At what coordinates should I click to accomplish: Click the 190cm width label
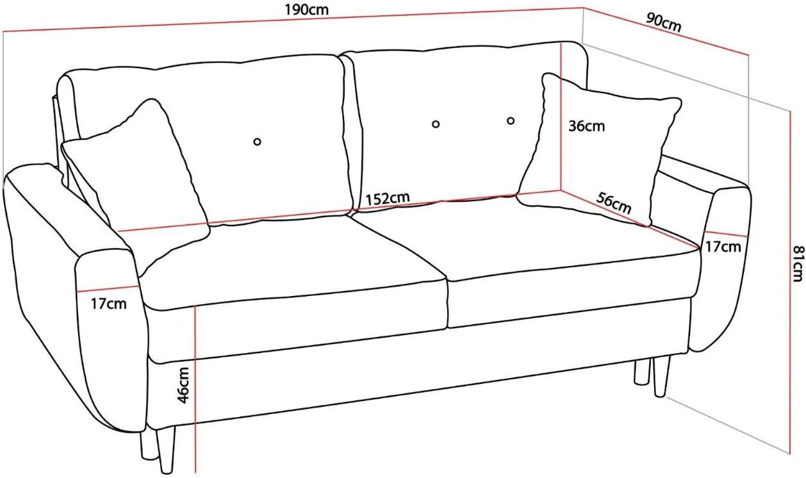(307, 10)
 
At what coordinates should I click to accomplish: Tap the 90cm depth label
(664, 22)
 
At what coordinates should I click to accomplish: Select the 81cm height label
(798, 263)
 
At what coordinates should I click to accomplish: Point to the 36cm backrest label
(586, 126)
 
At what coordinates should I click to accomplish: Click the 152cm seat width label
(388, 198)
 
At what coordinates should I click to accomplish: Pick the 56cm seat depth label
(614, 203)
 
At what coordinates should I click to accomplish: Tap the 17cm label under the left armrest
(108, 304)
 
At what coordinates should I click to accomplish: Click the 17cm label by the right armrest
(723, 247)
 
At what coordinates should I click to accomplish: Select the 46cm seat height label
(183, 385)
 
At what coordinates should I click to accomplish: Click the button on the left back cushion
(257, 142)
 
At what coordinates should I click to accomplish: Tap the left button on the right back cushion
(436, 124)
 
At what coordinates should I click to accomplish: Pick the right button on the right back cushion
(511, 120)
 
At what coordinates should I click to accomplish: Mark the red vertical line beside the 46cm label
(195, 389)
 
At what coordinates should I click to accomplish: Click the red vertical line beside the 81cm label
(790, 283)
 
